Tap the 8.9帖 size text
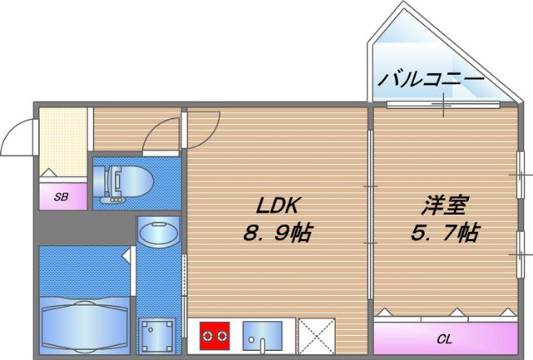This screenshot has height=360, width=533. click(x=276, y=232)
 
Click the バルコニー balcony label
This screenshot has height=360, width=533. click(x=431, y=80)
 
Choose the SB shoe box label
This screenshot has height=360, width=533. click(x=61, y=197)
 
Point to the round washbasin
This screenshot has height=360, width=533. click(x=157, y=232)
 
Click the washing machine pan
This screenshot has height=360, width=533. click(x=157, y=335)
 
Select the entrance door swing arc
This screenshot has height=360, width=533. click(x=18, y=137)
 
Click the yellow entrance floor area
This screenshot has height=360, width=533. click(x=64, y=142)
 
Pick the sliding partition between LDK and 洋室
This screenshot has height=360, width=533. click(x=370, y=212)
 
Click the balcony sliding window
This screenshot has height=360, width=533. click(x=443, y=104)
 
